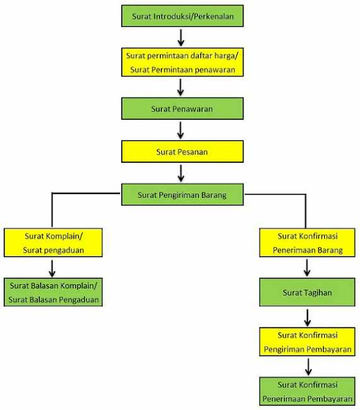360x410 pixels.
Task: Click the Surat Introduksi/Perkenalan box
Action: (x=182, y=16)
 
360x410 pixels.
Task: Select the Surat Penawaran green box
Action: (x=182, y=108)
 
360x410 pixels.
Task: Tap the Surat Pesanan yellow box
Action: (x=182, y=151)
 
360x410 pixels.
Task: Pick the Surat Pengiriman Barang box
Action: (x=182, y=195)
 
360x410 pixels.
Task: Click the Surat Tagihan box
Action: (x=307, y=292)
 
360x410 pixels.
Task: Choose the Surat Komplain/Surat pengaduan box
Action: (x=53, y=243)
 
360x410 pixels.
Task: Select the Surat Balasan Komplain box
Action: (x=53, y=292)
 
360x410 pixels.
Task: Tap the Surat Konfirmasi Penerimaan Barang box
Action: (x=307, y=243)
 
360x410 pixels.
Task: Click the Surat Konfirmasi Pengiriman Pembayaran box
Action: (x=307, y=341)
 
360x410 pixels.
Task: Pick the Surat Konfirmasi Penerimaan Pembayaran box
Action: (x=307, y=391)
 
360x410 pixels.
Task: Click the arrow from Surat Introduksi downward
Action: (x=181, y=37)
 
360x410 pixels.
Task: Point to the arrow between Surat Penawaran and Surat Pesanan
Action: (x=181, y=130)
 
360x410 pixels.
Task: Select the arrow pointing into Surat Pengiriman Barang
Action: (x=181, y=173)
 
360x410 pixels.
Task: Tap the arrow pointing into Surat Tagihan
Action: (x=307, y=268)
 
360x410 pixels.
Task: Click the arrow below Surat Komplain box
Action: (x=52, y=268)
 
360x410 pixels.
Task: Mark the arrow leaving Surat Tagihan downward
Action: (x=307, y=318)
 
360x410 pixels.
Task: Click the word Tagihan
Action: (x=318, y=293)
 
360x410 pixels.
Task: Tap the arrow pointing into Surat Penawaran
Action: (x=181, y=87)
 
